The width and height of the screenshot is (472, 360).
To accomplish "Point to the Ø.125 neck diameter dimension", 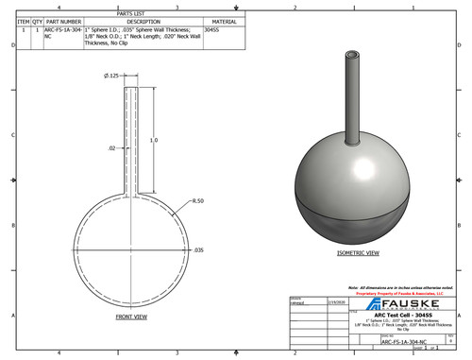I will (x=112, y=76).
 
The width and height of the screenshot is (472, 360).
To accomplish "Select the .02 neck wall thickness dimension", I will (x=110, y=148).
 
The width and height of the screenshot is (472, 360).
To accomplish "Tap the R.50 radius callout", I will (x=198, y=201).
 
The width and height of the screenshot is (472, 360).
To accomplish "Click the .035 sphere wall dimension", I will (x=198, y=250).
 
